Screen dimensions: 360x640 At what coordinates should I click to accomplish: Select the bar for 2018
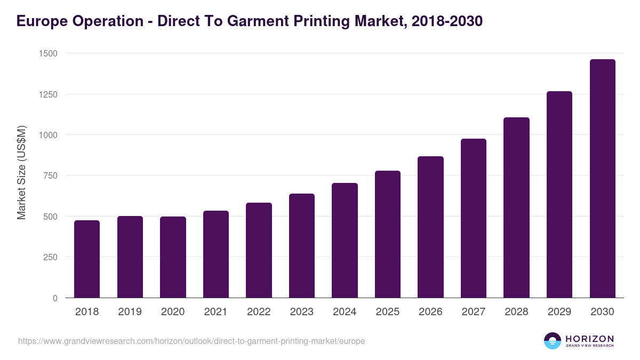pos(87,259)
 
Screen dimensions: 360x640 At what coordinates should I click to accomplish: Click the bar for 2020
pos(173,257)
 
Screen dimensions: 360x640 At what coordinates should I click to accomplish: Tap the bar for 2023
pos(301,246)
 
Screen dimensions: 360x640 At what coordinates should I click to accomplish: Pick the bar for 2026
pos(430,227)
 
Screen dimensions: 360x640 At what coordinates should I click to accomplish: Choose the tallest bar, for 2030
pos(602,179)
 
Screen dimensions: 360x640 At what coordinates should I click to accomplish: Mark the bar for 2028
pos(516,207)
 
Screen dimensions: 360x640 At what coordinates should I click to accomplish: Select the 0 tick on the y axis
pos(55,298)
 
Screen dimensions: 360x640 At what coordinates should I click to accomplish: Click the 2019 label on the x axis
pos(130,312)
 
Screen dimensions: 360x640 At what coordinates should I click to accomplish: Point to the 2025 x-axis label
pos(387,312)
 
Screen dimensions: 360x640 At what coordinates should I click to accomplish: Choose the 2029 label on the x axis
pos(559,312)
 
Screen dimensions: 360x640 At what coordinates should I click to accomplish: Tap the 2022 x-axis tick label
pos(259,312)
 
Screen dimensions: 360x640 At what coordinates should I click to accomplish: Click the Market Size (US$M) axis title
pos(21,173)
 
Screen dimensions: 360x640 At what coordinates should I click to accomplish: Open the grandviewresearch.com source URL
pos(191,341)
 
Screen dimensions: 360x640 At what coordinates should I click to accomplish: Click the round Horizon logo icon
pos(553,341)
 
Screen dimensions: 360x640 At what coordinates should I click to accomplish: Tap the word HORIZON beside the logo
pos(589,338)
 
